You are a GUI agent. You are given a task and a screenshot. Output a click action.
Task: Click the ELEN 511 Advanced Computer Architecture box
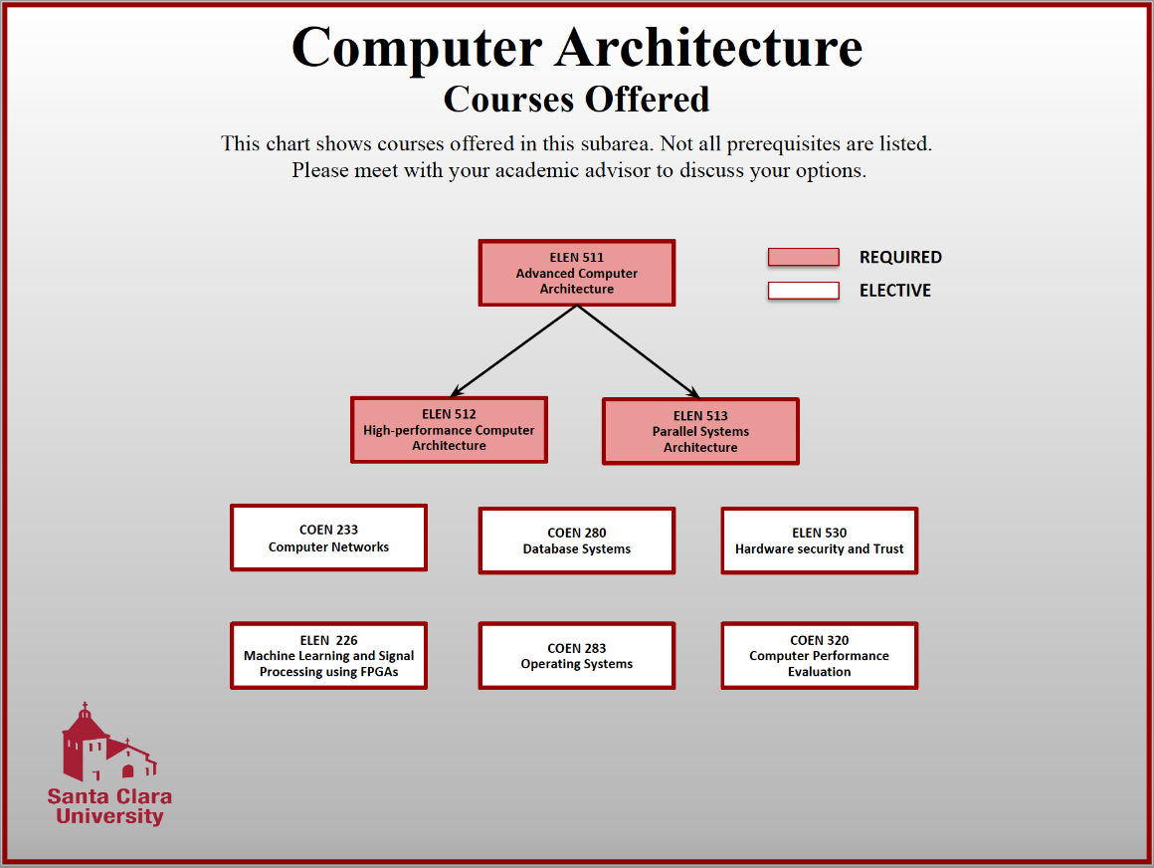tap(577, 273)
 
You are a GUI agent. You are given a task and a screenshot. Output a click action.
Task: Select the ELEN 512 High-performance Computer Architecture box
tap(449, 430)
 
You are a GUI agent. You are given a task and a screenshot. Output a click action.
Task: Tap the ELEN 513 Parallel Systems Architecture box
tap(700, 431)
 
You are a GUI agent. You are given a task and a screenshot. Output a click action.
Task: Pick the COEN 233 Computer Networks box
tap(328, 538)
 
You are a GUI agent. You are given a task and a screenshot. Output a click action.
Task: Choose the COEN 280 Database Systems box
tap(577, 541)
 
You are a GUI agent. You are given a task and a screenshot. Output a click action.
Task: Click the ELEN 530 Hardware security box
tap(819, 541)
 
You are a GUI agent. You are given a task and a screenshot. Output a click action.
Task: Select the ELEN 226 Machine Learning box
tap(328, 656)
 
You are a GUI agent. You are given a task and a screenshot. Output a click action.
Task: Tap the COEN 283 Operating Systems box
tap(577, 656)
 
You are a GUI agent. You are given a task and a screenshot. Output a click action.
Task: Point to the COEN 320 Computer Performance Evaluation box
tap(819, 656)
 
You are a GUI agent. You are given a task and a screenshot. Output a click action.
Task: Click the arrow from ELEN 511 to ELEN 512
tap(514, 350)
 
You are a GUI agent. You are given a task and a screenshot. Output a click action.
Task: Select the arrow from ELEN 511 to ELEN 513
tap(639, 350)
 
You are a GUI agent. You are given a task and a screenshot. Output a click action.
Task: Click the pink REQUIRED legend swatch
tap(803, 257)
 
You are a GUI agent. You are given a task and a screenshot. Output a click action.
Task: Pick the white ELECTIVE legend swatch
tap(803, 291)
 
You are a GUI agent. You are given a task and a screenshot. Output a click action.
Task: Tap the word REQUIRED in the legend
tap(900, 257)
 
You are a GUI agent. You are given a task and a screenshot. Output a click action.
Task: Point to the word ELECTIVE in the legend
tap(895, 291)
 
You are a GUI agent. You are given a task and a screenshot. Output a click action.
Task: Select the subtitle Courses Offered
tap(576, 99)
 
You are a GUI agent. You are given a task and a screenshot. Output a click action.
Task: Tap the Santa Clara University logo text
tap(109, 806)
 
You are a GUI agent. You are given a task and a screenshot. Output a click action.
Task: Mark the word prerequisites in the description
tap(785, 143)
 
